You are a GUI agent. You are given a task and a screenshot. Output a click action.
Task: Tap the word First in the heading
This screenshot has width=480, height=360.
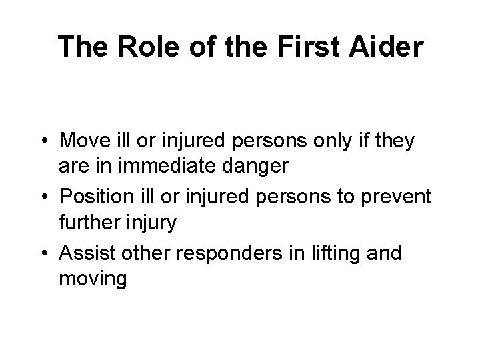[x=306, y=47]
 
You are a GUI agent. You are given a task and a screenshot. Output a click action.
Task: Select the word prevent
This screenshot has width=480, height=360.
[x=399, y=197]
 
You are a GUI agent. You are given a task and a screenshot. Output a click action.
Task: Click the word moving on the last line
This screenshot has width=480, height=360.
[x=93, y=279]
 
